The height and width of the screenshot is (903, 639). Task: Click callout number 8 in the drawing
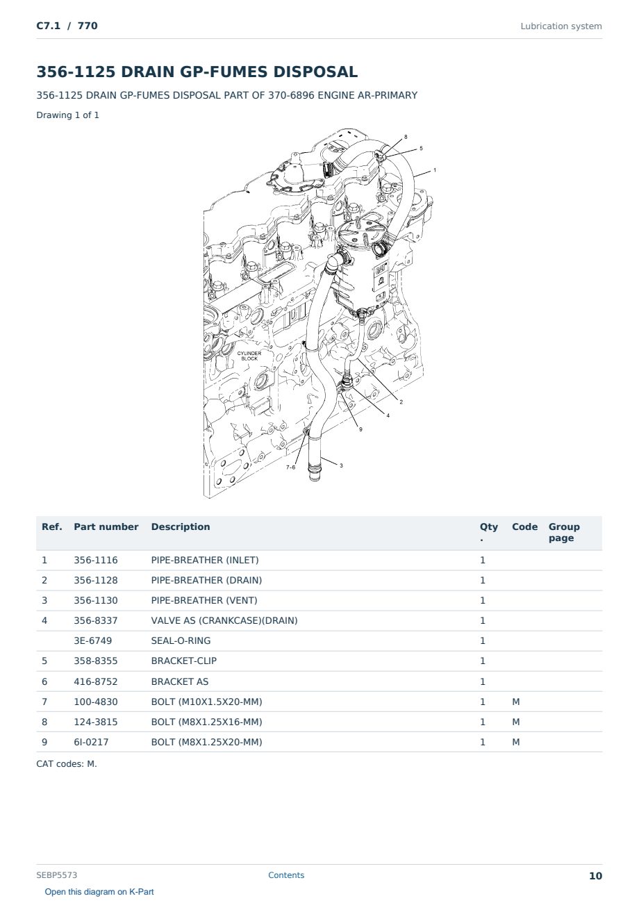coord(406,137)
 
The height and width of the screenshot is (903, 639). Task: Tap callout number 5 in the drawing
coord(421,149)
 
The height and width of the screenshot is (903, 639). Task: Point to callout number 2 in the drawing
coord(401,402)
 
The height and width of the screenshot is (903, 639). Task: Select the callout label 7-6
coord(290,467)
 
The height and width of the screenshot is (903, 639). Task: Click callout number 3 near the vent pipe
coord(341,465)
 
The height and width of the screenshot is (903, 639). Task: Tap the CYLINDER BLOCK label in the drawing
coord(249,356)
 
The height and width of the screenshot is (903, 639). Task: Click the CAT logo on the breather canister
coord(381,268)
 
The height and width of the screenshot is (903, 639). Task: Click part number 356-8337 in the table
coord(96,620)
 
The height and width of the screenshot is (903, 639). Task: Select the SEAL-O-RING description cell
coord(181,640)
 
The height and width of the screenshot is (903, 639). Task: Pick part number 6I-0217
coord(91,742)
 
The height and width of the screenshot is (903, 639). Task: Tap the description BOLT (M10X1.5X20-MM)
coord(206,702)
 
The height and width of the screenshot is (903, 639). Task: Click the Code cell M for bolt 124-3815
coord(515,722)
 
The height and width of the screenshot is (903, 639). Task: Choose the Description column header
coord(180,527)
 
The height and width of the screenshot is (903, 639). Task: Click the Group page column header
coord(564,533)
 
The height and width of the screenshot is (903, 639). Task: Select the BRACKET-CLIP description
coord(184,661)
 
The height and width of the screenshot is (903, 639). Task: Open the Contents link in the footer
coord(286,875)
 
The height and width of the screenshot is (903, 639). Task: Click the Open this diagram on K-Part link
coord(99,892)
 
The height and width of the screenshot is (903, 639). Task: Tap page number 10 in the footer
coord(595,876)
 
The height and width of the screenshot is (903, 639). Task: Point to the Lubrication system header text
coord(561,26)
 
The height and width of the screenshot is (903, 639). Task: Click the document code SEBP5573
coord(56,875)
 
